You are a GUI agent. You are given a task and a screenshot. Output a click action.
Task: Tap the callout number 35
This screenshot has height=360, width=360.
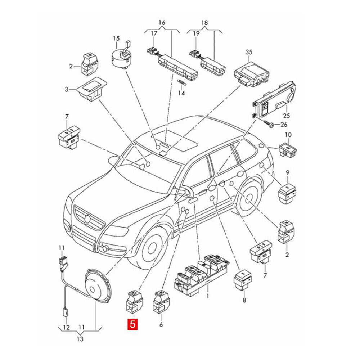(x=249, y=52)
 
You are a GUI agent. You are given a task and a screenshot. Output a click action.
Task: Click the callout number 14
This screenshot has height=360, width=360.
(x=181, y=93)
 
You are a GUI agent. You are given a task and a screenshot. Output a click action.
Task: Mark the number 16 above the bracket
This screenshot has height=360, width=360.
(x=162, y=23)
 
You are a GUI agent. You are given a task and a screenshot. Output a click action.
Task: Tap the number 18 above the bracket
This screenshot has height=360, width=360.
(x=204, y=23)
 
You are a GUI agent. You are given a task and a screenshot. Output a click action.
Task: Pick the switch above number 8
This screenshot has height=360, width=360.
(x=243, y=279)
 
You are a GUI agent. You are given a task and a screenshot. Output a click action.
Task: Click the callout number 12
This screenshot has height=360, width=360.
(x=66, y=327)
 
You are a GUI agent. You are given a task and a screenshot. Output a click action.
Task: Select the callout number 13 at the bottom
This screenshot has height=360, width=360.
(x=80, y=339)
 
